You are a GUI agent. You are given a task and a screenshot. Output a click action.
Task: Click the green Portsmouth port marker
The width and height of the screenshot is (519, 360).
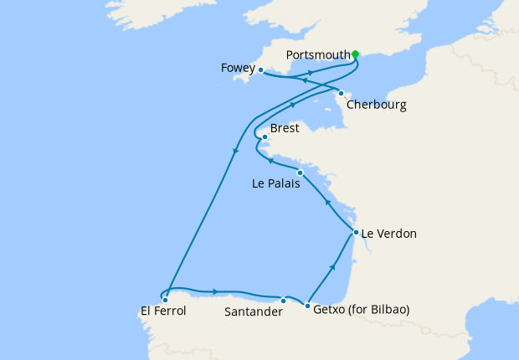(x=355, y=54)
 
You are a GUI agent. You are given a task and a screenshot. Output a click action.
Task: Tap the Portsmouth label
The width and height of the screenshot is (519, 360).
(x=318, y=55)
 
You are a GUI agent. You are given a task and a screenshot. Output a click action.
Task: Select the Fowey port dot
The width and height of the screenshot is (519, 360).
(x=261, y=70)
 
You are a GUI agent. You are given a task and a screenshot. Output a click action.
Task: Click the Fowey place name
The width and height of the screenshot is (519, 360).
(x=239, y=67)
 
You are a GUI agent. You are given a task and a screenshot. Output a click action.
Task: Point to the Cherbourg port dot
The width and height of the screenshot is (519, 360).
(x=341, y=93)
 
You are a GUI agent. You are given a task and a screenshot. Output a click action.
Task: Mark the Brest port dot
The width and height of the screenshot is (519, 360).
(x=265, y=136)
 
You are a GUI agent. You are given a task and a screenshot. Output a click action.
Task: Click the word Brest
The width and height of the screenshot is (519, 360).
(x=285, y=130)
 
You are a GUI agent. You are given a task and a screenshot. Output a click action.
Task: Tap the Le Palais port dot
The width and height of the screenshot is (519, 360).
(x=300, y=172)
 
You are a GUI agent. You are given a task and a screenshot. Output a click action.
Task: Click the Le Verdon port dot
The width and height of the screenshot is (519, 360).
(x=356, y=232)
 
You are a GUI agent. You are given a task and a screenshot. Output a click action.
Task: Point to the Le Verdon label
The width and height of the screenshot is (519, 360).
(x=388, y=234)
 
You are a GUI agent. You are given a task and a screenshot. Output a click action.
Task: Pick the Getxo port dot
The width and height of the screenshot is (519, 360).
(x=308, y=305)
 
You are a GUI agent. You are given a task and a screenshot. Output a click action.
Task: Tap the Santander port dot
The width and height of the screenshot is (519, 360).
(x=283, y=301)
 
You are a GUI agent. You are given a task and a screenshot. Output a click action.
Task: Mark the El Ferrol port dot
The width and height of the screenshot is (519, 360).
(x=165, y=299)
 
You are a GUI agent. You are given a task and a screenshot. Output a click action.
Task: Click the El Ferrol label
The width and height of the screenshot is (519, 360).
(x=163, y=311)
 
